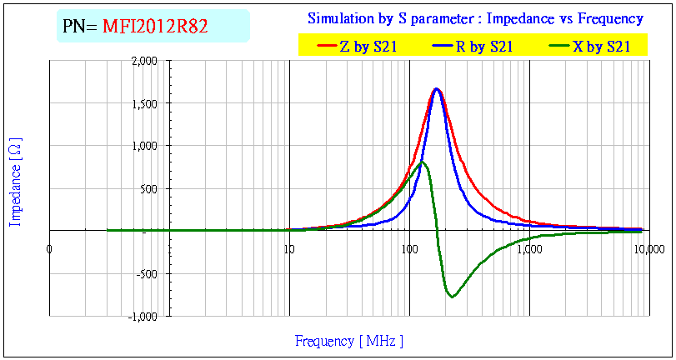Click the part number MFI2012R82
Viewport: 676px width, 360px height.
155,27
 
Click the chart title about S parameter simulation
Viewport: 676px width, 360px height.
475,18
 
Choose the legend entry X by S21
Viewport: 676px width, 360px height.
601,47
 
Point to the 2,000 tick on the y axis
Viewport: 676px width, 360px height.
144,61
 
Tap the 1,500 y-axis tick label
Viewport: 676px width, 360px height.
144,103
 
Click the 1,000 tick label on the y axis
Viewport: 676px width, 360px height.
144,146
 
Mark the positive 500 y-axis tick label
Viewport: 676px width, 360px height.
148,188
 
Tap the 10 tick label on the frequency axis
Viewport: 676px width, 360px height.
289,248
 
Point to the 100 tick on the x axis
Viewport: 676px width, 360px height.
409,248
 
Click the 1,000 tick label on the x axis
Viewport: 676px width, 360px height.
529,248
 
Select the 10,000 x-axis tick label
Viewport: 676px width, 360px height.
649,248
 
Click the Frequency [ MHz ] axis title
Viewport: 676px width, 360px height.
349,341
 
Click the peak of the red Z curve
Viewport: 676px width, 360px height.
436,88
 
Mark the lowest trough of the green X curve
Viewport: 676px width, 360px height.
452,297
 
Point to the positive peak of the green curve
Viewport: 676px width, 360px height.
423,162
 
